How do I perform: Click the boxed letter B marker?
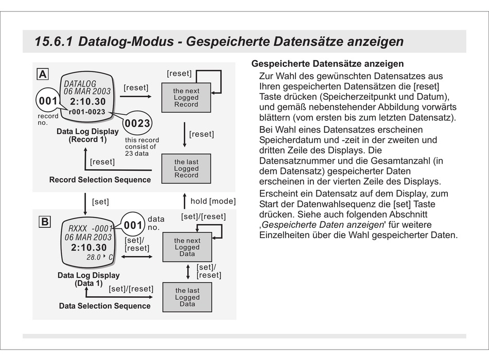[x=45, y=222]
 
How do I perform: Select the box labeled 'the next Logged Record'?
[x=186, y=98]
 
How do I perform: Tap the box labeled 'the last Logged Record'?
[x=186, y=169]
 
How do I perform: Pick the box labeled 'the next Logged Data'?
[x=187, y=247]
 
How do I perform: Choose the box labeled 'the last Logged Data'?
[x=187, y=297]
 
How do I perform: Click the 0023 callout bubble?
[x=137, y=123]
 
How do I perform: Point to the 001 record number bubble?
[x=48, y=101]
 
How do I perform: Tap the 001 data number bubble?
[x=133, y=225]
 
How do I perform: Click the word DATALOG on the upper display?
[x=80, y=83]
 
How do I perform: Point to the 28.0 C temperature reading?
[x=99, y=257]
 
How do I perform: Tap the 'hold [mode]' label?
[x=213, y=201]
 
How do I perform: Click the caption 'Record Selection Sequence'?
[x=100, y=180]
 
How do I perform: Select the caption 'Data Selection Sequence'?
[x=104, y=306]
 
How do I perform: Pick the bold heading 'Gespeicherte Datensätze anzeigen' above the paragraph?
[x=327, y=64]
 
